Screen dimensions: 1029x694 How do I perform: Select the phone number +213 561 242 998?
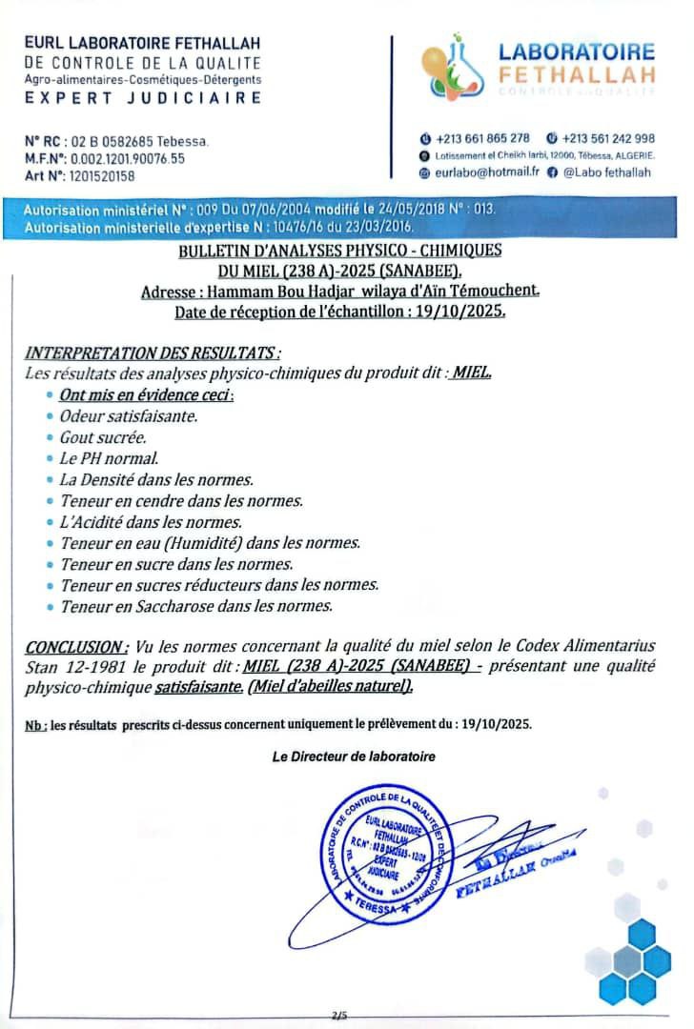pyautogui.click(x=608, y=138)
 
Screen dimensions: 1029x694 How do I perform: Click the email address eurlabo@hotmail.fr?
pyautogui.click(x=486, y=172)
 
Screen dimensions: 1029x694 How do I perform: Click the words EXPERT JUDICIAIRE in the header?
pyautogui.click(x=143, y=97)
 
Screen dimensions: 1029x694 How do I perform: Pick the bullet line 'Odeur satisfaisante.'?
pyautogui.click(x=129, y=416)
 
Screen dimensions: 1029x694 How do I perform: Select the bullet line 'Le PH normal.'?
pyautogui.click(x=110, y=458)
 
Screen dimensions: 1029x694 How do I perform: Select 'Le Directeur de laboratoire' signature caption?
pyautogui.click(x=354, y=757)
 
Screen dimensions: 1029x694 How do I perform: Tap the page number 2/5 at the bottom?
pyautogui.click(x=338, y=1016)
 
